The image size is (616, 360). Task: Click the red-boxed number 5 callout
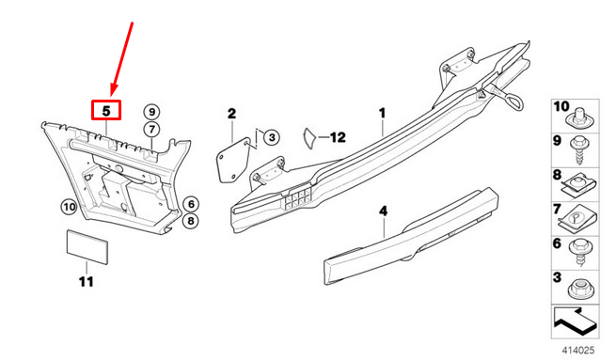tap(107, 111)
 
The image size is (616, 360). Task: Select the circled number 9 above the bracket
tap(151, 112)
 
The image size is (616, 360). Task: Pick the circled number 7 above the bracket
tap(151, 128)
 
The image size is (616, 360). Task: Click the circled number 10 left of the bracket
tap(68, 206)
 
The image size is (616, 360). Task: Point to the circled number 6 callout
tap(190, 204)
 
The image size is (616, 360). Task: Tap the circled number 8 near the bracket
tap(190, 221)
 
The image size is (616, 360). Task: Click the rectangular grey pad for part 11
tap(87, 245)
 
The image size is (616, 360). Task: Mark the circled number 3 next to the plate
tap(269, 137)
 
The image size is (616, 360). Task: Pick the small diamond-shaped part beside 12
tap(308, 137)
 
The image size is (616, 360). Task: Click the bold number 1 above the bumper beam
tap(383, 114)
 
